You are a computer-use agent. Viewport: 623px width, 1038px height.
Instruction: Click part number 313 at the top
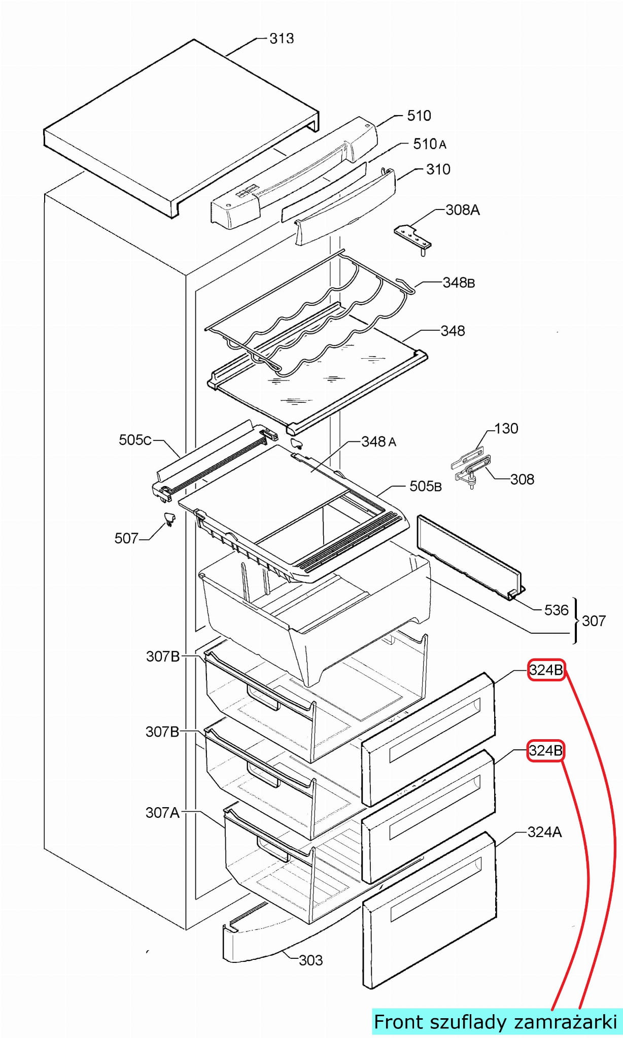(282, 39)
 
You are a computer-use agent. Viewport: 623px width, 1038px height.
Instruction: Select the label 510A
(429, 144)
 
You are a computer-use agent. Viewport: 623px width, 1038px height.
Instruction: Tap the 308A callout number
(462, 210)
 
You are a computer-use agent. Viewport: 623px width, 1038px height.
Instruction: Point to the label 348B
(459, 283)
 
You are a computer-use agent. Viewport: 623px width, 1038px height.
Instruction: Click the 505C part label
(135, 440)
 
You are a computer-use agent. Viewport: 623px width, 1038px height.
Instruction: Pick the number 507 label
(126, 538)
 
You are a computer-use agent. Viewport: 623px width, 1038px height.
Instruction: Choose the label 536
(556, 610)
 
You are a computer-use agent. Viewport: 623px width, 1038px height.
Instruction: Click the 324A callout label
(544, 832)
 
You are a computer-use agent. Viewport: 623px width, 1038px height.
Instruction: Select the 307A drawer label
(162, 813)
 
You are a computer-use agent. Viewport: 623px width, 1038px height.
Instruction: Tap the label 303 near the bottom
(310, 960)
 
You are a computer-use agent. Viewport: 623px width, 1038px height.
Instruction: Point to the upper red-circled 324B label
(546, 670)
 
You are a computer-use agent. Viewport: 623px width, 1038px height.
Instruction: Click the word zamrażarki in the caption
(566, 1022)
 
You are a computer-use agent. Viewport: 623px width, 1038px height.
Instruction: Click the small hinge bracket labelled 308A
(413, 237)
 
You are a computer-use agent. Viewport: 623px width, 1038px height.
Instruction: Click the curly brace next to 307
(576, 620)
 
